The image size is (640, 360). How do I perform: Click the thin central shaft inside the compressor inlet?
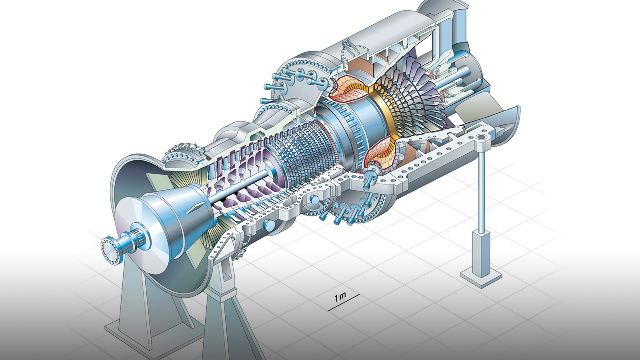[x=238, y=186]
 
